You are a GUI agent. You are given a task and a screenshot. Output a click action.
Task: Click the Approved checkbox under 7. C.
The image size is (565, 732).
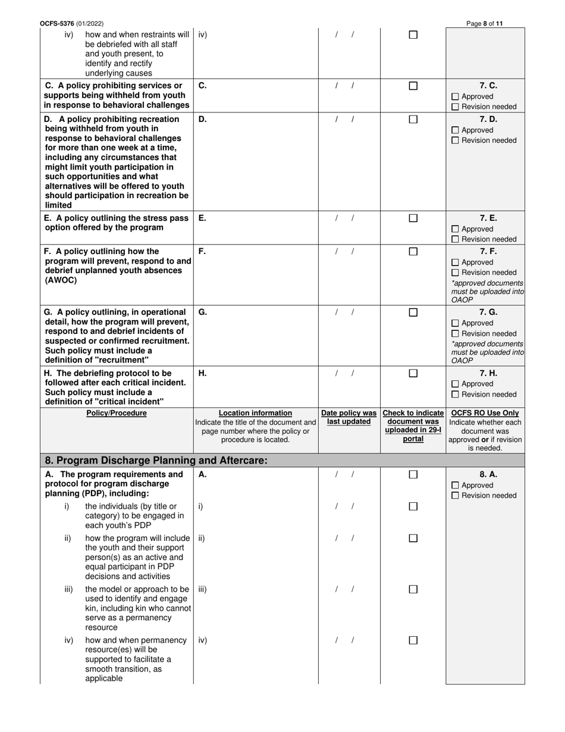tap(456, 96)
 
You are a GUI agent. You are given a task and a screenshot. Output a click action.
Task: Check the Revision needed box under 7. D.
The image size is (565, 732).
tap(456, 141)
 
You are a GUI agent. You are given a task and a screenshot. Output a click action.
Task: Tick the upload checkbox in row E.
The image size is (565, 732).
tap(413, 218)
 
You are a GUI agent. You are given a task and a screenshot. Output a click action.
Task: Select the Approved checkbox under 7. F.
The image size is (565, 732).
tap(456, 262)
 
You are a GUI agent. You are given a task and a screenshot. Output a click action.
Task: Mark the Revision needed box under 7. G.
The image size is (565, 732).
tap(456, 334)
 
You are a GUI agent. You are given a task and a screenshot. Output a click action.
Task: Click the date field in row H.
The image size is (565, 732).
tap(344, 374)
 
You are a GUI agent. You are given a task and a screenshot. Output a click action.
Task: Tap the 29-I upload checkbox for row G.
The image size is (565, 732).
tap(413, 312)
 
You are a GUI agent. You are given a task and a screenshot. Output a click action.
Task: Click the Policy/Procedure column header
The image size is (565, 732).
tap(117, 413)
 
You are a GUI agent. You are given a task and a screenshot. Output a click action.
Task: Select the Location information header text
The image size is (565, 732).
tap(256, 413)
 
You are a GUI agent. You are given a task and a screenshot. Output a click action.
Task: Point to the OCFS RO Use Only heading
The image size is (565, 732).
tap(485, 413)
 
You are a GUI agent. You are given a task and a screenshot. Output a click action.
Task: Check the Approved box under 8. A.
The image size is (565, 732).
tap(456, 486)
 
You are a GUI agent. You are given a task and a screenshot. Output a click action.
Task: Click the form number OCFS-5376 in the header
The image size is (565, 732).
tap(57, 24)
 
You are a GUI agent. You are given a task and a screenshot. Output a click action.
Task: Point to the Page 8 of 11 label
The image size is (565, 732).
tap(485, 24)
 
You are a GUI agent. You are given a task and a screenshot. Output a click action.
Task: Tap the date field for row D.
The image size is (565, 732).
tap(344, 119)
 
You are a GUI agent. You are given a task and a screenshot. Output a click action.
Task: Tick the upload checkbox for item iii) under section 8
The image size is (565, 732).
tap(413, 589)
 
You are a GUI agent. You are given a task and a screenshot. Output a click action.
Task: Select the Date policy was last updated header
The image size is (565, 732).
tap(349, 417)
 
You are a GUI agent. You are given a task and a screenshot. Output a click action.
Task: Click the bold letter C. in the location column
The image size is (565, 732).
tap(203, 86)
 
